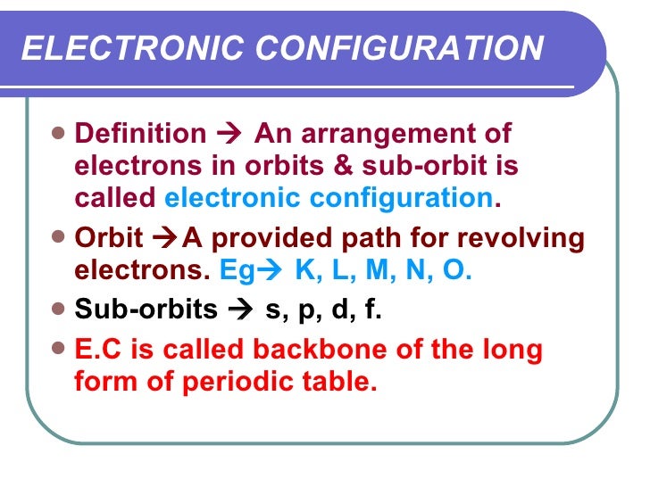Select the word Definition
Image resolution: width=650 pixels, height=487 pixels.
(x=140, y=134)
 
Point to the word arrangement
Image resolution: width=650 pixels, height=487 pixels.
(x=389, y=135)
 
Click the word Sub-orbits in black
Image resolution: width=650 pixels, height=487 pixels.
(x=146, y=310)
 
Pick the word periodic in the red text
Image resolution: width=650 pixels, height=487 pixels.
(x=235, y=382)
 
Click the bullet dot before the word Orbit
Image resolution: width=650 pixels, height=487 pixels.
(x=59, y=238)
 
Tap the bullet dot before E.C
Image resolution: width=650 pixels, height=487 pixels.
(x=59, y=349)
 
